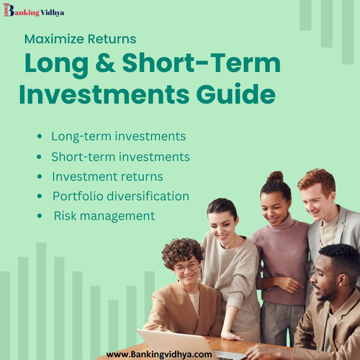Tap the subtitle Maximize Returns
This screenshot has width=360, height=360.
click(x=80, y=39)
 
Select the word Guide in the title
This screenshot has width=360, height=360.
click(x=243, y=94)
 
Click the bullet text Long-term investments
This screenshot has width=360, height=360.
click(x=118, y=136)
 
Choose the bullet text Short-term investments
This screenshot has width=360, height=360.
click(x=120, y=156)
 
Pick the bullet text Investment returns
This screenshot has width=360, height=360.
click(x=107, y=176)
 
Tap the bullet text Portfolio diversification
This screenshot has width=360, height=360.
click(x=120, y=196)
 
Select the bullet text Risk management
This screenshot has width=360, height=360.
click(x=104, y=215)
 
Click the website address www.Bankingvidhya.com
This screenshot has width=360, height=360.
click(x=159, y=354)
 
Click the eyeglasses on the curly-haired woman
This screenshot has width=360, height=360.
click(x=186, y=267)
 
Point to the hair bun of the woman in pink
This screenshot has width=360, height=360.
click(x=275, y=176)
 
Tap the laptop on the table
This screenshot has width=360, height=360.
click(x=176, y=343)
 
